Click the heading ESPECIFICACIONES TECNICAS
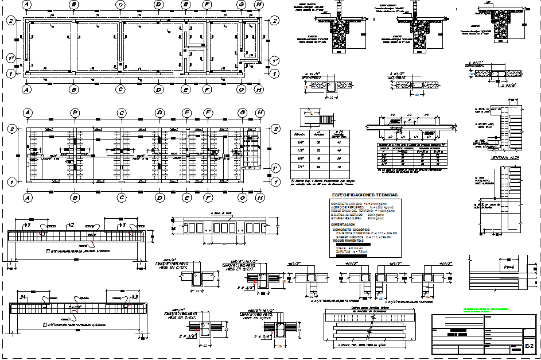pos(365,195)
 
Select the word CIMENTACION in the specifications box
pos(347,224)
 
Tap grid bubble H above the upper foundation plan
pos(259,5)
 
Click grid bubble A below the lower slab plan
pos(26,197)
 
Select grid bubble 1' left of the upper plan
pos(10,59)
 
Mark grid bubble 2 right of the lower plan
pos(275,129)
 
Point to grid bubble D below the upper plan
pos(158,90)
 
